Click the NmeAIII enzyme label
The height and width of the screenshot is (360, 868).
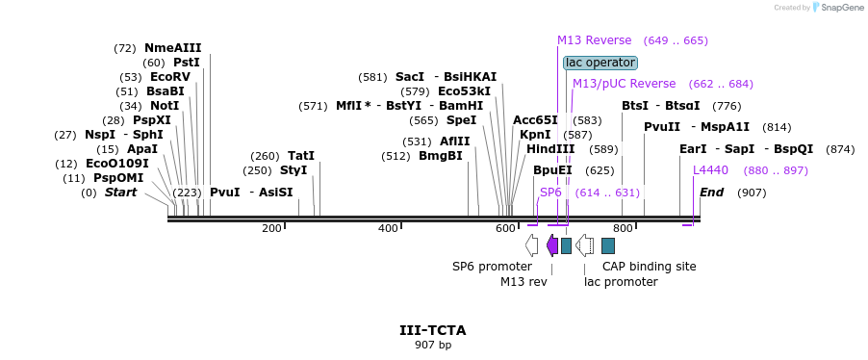point(173,48)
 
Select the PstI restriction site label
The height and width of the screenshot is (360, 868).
point(187,63)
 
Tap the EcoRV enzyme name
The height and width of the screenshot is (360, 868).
point(170,77)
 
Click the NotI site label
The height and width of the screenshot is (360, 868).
point(165,106)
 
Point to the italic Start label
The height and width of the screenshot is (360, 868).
point(121,193)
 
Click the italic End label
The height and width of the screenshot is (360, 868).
point(711,193)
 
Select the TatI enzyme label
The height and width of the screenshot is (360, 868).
point(301,156)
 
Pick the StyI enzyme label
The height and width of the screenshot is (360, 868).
point(294,170)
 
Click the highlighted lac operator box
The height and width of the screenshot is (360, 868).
point(600,63)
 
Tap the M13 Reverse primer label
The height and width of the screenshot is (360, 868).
point(594,40)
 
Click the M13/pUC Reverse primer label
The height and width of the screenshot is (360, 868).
point(624,84)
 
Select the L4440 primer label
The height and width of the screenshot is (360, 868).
point(711,170)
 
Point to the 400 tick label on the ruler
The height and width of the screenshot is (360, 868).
point(388,229)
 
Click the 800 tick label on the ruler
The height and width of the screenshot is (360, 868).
point(623,229)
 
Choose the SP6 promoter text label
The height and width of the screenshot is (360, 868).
point(492,267)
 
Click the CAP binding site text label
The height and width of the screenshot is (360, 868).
point(649,267)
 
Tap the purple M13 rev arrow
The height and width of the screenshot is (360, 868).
point(552,245)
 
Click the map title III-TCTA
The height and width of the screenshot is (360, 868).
point(433,330)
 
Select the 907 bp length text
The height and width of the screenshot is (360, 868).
point(433,345)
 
